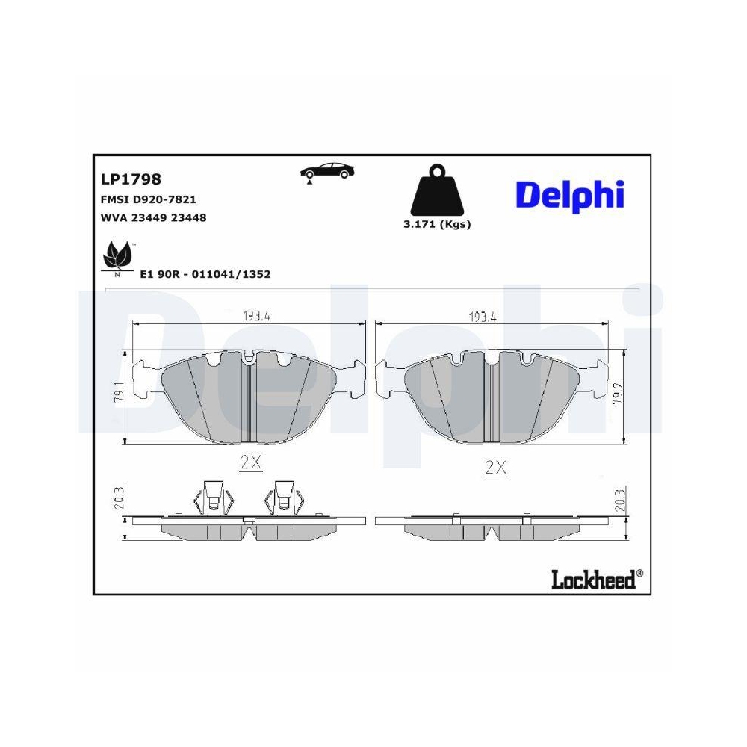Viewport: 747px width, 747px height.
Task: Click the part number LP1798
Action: click(x=131, y=179)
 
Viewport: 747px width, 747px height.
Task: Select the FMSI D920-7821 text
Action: click(x=148, y=200)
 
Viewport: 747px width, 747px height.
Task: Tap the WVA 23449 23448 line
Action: click(x=153, y=218)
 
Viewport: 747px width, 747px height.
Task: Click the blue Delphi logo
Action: click(x=569, y=195)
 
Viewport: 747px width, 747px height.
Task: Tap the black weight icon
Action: click(x=437, y=190)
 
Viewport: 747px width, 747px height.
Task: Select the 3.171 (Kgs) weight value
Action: click(x=437, y=224)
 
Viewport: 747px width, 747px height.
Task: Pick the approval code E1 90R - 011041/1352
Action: click(x=205, y=274)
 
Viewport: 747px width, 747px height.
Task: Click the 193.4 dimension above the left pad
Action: click(x=256, y=316)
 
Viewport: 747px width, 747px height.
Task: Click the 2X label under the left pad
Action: click(x=250, y=463)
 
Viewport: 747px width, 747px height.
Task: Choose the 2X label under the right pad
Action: click(x=495, y=468)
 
